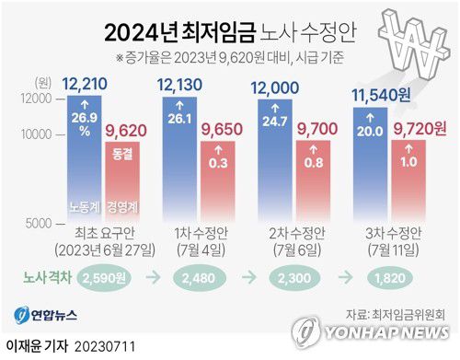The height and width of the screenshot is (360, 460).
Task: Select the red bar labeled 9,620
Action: [x=123, y=180]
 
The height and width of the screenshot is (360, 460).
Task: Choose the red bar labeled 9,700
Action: [x=312, y=179]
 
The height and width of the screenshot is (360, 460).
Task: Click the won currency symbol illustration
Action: [x=412, y=41]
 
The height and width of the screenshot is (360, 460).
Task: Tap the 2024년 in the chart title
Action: [x=134, y=34]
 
